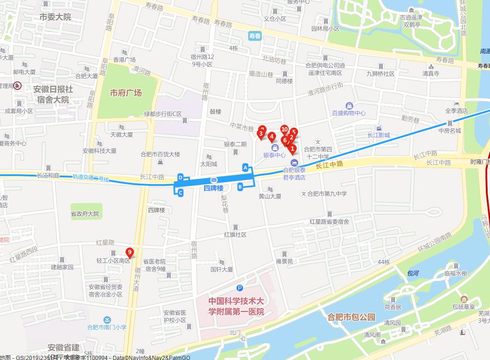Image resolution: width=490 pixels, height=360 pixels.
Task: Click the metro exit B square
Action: click(x=240, y=187)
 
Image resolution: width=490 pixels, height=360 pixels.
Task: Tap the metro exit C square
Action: click(x=181, y=192)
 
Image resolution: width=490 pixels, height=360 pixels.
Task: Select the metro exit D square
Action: click(x=181, y=177)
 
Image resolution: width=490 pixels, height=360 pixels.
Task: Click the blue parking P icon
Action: click(x=240, y=288)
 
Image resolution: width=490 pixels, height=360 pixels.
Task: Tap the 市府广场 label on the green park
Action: click(x=126, y=93)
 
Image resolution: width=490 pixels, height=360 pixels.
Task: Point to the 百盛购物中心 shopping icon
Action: click(x=349, y=106)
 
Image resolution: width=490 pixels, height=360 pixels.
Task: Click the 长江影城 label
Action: click(x=379, y=136)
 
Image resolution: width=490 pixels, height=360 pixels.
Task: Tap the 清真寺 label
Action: click(x=430, y=73)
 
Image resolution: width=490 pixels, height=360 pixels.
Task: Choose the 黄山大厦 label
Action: click(x=270, y=196)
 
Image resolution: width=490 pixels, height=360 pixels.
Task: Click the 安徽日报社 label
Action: click(x=53, y=89)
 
